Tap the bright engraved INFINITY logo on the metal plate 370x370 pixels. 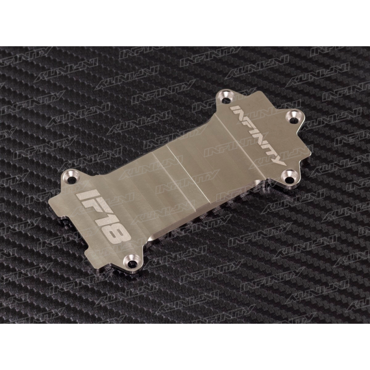coord(256,134)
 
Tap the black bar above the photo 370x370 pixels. coord(185,23)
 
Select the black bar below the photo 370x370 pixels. coord(185,347)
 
